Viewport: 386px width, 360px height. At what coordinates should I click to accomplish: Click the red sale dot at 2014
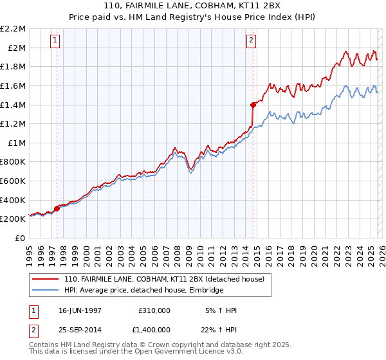tap(253, 104)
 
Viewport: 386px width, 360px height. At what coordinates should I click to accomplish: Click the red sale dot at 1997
tap(57, 208)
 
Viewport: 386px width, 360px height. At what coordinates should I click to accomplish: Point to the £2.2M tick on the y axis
tap(14, 29)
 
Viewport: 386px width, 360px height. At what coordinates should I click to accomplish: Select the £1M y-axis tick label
tap(17, 143)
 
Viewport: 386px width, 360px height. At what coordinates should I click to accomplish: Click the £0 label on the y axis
tap(21, 238)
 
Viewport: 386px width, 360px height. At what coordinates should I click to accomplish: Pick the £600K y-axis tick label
tap(14, 181)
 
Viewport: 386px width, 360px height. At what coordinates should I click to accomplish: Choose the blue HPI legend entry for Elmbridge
tap(143, 291)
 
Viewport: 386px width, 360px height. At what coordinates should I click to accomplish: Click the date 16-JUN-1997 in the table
tap(80, 310)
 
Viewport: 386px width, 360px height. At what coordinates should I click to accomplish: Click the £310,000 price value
tap(154, 310)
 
